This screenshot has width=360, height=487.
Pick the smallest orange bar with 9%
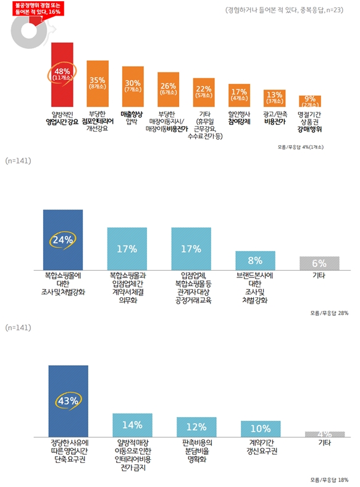coord(310,101)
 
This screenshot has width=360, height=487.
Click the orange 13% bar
coord(275,98)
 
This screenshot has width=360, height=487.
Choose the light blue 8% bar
coord(255,260)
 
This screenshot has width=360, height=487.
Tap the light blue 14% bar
coord(132,425)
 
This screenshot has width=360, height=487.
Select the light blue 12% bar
coord(196,426)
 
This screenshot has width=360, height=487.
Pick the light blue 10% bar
coord(260,428)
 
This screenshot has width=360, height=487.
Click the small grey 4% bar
coord(324,434)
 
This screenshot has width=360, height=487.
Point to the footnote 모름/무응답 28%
coord(329,313)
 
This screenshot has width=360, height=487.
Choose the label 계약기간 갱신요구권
coord(260,447)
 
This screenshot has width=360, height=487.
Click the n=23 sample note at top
coord(285,11)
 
